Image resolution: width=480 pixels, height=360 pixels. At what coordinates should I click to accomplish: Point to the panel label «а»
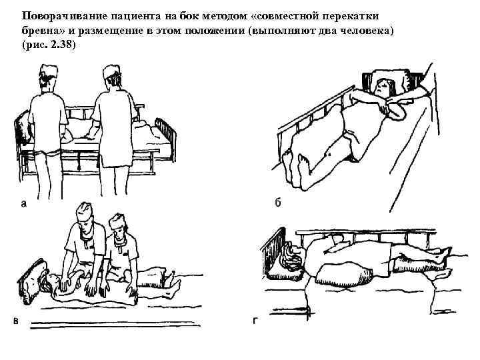coord(23,205)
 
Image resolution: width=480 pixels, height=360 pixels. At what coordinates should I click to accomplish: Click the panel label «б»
coord(277,203)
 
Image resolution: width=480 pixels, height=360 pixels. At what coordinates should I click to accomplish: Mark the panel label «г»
coord(254,321)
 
